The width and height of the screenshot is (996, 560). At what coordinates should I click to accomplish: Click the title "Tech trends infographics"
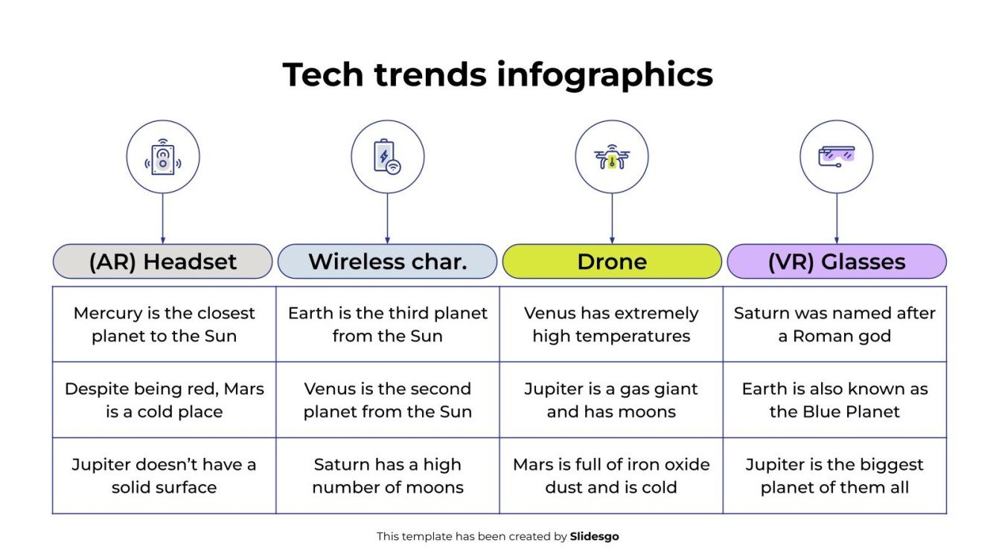[x=497, y=75]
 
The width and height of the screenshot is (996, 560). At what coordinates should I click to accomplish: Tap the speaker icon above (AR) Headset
[x=163, y=158]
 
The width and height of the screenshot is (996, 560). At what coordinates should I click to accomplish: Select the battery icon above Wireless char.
[x=387, y=157]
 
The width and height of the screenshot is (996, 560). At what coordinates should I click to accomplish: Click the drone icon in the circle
[x=612, y=157]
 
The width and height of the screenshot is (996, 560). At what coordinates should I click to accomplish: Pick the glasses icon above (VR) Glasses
[x=836, y=156]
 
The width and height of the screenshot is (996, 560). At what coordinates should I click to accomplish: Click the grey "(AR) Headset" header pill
[x=163, y=262]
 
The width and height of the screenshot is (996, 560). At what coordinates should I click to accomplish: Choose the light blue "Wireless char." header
[x=387, y=262]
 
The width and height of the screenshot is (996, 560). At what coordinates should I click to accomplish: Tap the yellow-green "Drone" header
[x=612, y=262]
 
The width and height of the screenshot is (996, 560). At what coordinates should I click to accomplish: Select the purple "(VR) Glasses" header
[x=836, y=262]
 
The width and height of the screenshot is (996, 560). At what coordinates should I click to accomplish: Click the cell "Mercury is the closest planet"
[x=164, y=324]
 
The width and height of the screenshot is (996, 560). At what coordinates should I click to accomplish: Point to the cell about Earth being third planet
[x=387, y=324]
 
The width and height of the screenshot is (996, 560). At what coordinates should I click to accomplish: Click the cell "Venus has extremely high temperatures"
[x=611, y=324]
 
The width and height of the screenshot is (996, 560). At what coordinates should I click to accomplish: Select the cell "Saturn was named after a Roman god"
[x=834, y=324]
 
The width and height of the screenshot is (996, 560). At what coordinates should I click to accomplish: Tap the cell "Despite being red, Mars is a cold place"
[x=164, y=400]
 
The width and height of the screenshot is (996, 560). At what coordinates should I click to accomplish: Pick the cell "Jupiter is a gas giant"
[x=611, y=400]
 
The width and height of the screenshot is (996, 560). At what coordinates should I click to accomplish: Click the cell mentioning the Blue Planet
[x=834, y=400]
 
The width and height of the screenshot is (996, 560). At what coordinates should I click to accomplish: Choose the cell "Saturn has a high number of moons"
[x=387, y=476]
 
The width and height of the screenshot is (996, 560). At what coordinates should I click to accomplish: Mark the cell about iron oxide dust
[x=611, y=476]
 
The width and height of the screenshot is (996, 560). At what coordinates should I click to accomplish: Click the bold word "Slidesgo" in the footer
[x=594, y=536]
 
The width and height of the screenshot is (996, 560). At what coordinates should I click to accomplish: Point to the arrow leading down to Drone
[x=612, y=219]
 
